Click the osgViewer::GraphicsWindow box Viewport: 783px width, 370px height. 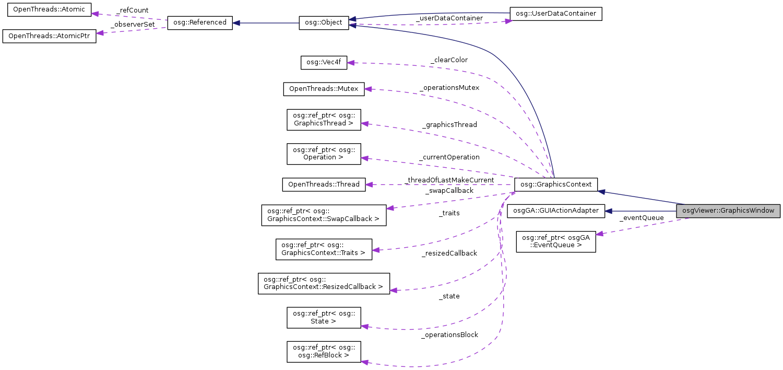(728, 211)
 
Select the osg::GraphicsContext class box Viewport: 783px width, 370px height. (555, 184)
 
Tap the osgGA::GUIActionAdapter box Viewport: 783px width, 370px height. (556, 211)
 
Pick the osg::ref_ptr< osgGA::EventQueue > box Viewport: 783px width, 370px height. (556, 241)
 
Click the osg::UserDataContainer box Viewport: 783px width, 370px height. (556, 14)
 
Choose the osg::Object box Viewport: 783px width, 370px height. (324, 23)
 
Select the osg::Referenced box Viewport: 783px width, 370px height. (199, 23)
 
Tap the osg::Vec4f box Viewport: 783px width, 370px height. (324, 63)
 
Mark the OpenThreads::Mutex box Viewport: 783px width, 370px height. (324, 89)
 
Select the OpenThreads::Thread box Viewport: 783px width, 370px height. (324, 184)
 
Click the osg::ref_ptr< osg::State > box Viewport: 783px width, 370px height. (324, 317)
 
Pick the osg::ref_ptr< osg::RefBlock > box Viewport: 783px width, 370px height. (324, 352)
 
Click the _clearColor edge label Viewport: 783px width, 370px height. (449, 60)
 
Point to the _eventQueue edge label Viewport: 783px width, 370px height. (641, 218)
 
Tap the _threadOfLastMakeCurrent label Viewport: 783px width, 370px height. (449, 180)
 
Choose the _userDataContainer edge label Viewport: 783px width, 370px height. (449, 18)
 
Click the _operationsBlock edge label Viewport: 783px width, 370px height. (449, 335)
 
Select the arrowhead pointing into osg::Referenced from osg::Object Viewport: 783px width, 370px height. (236, 23)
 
